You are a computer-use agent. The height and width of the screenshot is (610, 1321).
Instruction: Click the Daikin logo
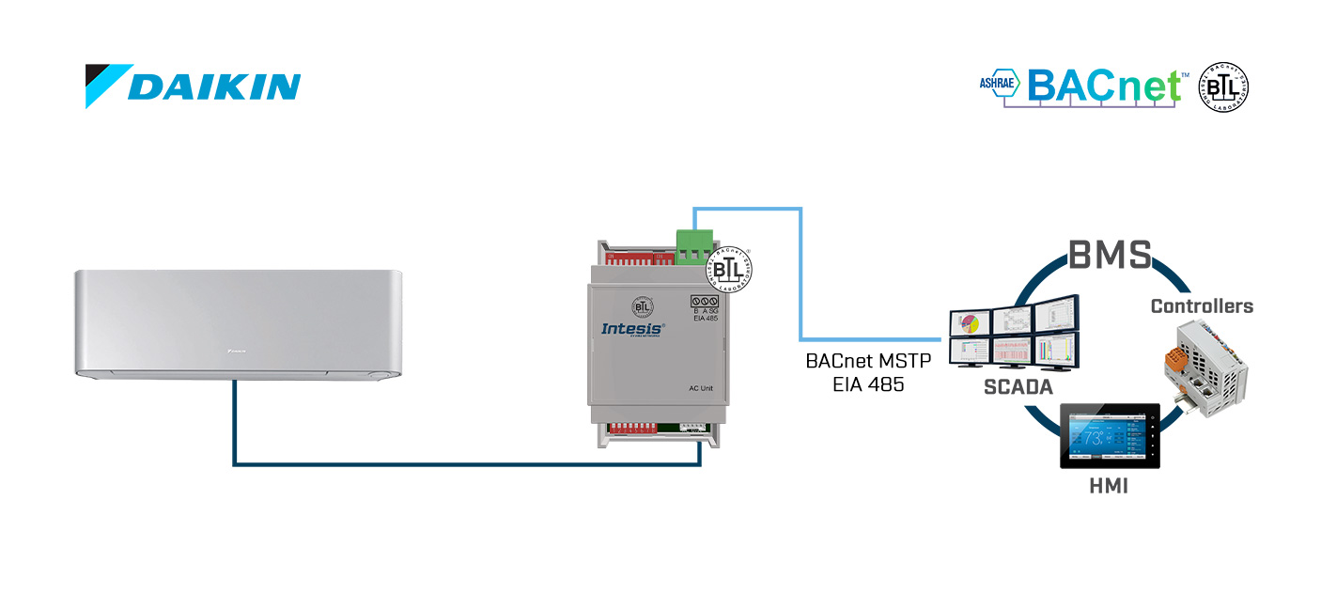point(194,86)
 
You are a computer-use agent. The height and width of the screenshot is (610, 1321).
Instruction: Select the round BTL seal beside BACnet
point(1223,88)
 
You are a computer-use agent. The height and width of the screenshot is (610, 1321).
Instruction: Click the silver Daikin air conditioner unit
point(240,324)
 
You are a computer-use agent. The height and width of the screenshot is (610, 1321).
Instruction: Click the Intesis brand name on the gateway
point(632,328)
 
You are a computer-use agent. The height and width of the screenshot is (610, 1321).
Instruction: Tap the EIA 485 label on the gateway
point(707,318)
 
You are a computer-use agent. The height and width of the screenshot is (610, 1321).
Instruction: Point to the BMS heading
point(1110,255)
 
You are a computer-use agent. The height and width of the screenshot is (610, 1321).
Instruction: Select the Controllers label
point(1202,306)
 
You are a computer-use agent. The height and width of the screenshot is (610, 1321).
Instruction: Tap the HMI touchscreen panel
point(1110,436)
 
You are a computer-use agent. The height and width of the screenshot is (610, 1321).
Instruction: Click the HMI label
point(1109,486)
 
